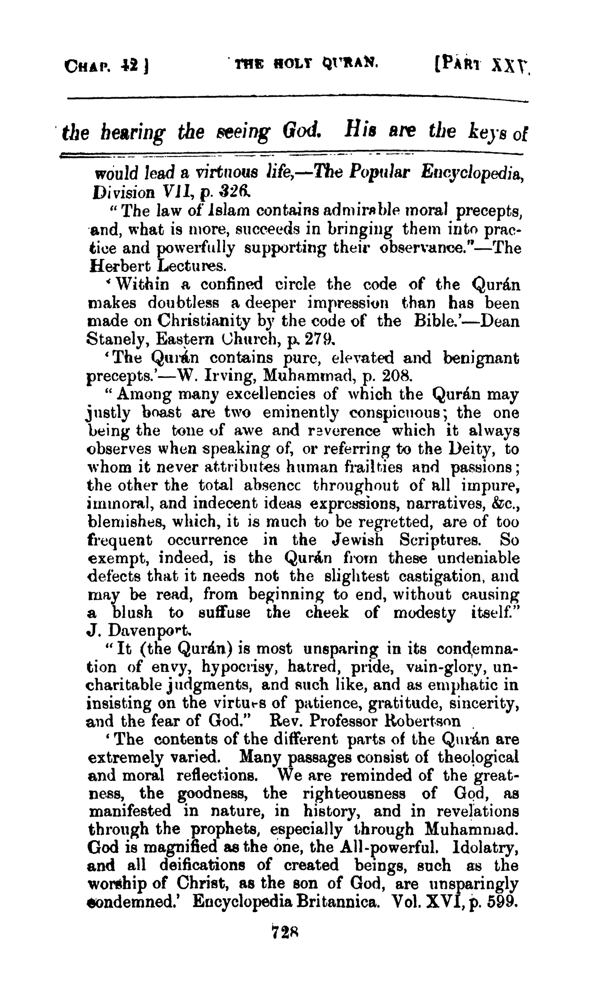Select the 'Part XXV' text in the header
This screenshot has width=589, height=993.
pyautogui.click(x=477, y=66)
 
